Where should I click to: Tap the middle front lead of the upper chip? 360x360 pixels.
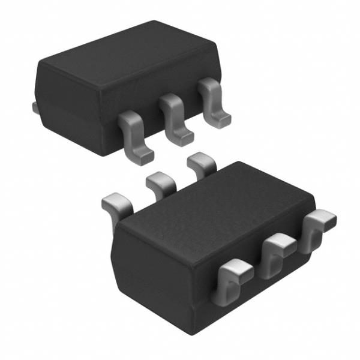coord(175,119)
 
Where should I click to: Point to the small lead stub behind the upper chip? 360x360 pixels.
coord(34,107)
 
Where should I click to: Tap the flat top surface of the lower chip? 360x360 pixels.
coord(216,204)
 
